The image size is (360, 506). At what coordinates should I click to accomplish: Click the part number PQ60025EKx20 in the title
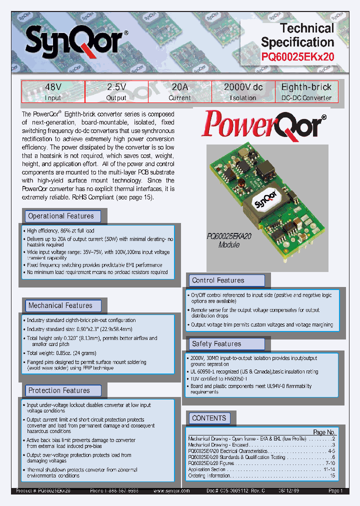[x=297, y=56]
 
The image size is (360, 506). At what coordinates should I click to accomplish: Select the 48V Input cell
[x=53, y=92]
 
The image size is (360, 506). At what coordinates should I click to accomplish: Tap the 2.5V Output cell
[x=116, y=92]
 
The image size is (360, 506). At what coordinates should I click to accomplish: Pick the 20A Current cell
[x=179, y=92]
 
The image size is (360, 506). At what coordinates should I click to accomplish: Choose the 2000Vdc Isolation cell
[x=243, y=92]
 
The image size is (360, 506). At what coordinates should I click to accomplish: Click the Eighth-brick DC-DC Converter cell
[x=306, y=92]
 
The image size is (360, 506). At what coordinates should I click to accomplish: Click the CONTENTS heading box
[x=209, y=418]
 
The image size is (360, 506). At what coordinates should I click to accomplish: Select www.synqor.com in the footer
[x=171, y=491]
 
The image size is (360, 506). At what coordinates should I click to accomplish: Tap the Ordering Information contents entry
[x=209, y=475]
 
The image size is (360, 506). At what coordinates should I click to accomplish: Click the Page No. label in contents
[x=323, y=432]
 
